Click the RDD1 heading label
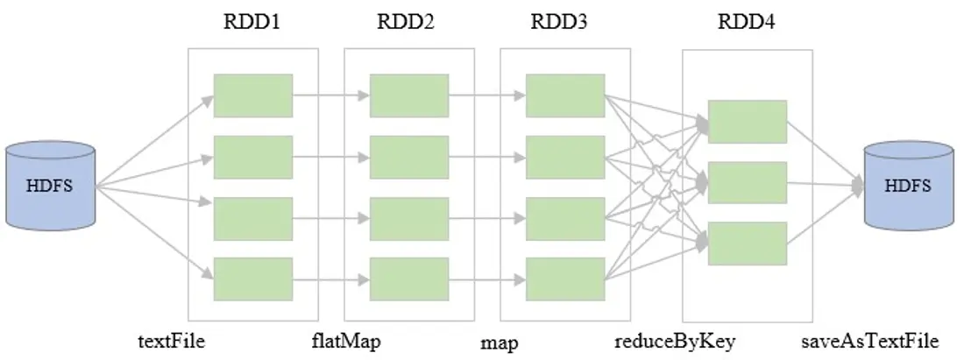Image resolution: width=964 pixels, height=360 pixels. click(252, 23)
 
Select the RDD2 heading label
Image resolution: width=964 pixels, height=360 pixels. click(406, 23)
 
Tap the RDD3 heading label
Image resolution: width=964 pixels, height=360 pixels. click(559, 23)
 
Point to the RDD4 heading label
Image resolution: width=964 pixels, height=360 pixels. click(747, 23)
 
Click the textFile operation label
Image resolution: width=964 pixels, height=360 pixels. click(172, 340)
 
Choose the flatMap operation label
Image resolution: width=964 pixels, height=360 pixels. click(347, 341)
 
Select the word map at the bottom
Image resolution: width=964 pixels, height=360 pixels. click(500, 342)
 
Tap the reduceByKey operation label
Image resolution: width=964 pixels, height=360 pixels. click(675, 341)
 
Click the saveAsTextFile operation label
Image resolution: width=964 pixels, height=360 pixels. click(870, 341)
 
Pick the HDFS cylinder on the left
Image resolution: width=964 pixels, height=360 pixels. click(51, 186)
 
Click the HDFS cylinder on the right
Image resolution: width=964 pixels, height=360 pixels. click(909, 186)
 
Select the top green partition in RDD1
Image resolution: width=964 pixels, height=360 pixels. click(253, 95)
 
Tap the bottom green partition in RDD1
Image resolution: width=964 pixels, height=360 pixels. click(253, 279)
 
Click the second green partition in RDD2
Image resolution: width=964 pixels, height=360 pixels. click(409, 158)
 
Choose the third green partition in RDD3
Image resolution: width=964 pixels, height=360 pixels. click(565, 219)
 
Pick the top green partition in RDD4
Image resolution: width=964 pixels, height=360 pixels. click(748, 122)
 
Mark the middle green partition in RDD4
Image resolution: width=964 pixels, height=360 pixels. click(748, 182)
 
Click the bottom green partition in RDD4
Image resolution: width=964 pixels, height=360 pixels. click(748, 244)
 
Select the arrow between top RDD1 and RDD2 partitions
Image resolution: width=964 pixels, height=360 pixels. click(331, 95)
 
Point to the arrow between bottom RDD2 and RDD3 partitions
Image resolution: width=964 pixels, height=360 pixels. click(487, 279)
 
